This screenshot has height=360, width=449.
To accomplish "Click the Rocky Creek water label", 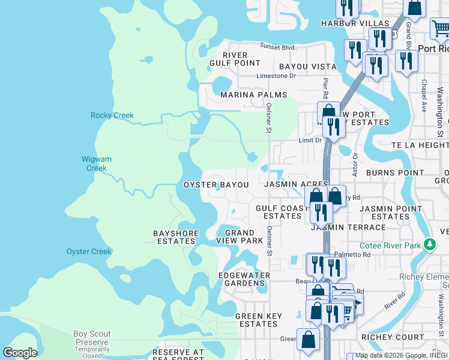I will [x=112, y=115].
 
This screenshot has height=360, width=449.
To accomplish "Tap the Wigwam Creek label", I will [x=95, y=164].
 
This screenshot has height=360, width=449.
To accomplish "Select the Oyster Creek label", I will [x=89, y=251].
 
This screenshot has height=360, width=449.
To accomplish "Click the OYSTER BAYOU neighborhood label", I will [x=216, y=185].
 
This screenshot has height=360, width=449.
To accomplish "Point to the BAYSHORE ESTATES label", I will [x=174, y=237].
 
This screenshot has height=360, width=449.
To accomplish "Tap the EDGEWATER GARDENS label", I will [x=244, y=279].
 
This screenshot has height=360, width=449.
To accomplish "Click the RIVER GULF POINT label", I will [x=235, y=59].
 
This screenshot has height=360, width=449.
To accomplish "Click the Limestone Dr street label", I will [x=276, y=76].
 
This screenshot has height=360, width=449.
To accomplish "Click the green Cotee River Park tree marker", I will [x=429, y=245].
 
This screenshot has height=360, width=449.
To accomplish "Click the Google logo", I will [x=20, y=353].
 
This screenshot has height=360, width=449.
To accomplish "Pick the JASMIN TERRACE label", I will [x=348, y=227].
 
